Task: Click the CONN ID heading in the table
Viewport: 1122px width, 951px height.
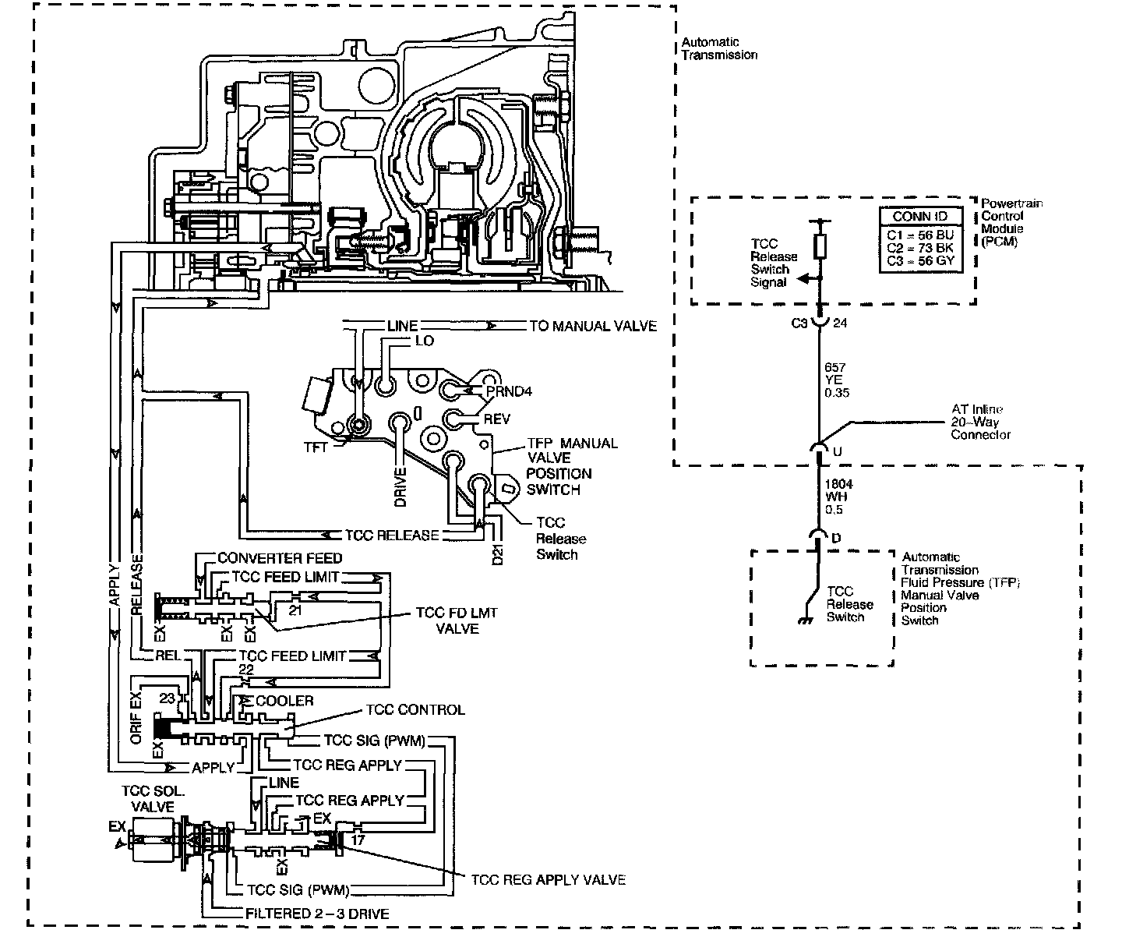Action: click(920, 216)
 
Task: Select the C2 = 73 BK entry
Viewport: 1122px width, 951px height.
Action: click(920, 247)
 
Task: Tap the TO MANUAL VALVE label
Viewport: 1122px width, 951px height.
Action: click(593, 326)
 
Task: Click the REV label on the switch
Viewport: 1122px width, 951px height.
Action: click(496, 419)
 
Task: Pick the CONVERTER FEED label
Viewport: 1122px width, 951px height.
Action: click(280, 558)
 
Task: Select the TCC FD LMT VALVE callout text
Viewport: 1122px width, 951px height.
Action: click(457, 620)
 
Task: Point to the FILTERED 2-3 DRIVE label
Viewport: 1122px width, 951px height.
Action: click(317, 914)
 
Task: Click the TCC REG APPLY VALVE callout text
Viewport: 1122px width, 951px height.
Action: click(549, 879)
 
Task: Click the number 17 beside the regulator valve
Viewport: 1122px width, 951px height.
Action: click(358, 840)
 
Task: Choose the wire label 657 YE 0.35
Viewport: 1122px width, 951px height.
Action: click(836, 380)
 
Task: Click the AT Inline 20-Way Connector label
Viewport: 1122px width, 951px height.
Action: click(980, 422)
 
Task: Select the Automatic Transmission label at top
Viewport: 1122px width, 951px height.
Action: click(719, 48)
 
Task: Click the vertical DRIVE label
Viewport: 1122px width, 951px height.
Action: click(400, 487)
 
